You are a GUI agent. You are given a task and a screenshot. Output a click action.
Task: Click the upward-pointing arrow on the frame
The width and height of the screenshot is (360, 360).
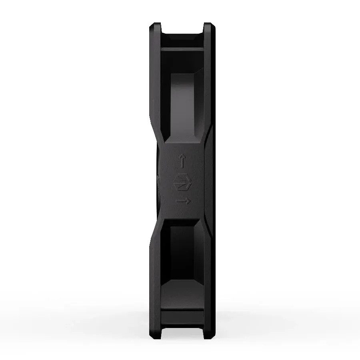[182, 162]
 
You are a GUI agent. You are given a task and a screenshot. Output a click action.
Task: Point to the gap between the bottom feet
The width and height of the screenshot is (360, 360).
[182, 333]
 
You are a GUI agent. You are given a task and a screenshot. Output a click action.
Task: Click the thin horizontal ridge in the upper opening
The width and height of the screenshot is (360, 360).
[182, 49]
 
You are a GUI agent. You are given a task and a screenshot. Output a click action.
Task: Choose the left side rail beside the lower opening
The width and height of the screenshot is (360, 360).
[155, 272]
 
